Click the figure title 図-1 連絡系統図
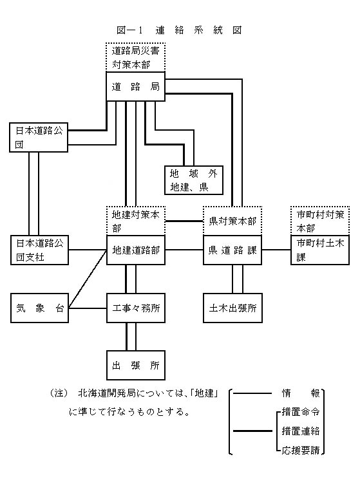180,30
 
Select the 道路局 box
135,86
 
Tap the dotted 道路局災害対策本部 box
135,57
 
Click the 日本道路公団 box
39,137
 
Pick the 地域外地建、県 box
194,180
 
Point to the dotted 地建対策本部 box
135,220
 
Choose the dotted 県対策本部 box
232,221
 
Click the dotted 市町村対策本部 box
319,220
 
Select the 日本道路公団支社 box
39,250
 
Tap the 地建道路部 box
135,250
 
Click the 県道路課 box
232,250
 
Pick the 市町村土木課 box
319,250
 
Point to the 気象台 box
39,308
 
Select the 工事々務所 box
135,308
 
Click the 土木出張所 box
232,308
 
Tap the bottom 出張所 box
135,366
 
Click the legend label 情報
301,392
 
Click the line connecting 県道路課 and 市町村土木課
276,250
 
